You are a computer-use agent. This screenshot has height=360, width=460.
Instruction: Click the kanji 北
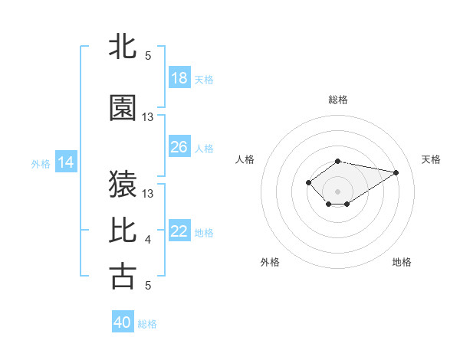coord(123,46)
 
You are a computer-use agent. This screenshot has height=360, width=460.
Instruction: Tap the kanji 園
coord(123,108)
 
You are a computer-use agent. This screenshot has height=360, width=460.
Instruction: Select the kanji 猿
coord(123,183)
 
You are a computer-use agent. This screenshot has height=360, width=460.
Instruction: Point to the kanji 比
coord(123,230)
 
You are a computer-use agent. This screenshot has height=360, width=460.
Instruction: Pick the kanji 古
coord(123,276)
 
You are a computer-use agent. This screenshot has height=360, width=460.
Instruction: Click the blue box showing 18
coord(179,78)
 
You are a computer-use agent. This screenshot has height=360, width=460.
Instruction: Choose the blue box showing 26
coord(179,147)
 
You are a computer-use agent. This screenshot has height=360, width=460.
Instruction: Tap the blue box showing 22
coord(179,232)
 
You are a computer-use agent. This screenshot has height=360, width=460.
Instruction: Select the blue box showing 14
coord(66,162)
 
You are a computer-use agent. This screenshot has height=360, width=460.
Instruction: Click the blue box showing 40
coord(123,322)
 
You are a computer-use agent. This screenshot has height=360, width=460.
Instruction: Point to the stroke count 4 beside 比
coord(148,240)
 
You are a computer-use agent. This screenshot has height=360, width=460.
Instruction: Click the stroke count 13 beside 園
coord(148,117)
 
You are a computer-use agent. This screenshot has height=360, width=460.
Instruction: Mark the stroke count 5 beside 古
coord(148,286)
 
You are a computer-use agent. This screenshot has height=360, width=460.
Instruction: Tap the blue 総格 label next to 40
coord(147,324)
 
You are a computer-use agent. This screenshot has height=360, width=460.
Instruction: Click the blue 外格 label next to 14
coord(41,163)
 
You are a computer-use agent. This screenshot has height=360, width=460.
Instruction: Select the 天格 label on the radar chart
coord(431,159)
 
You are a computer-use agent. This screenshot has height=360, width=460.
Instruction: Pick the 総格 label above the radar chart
coord(338,100)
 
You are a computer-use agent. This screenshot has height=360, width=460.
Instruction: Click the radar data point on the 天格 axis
coord(396,172)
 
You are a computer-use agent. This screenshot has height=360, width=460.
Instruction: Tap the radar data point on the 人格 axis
coord(308,182)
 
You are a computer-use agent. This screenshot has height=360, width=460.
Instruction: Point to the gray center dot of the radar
coord(337,191)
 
